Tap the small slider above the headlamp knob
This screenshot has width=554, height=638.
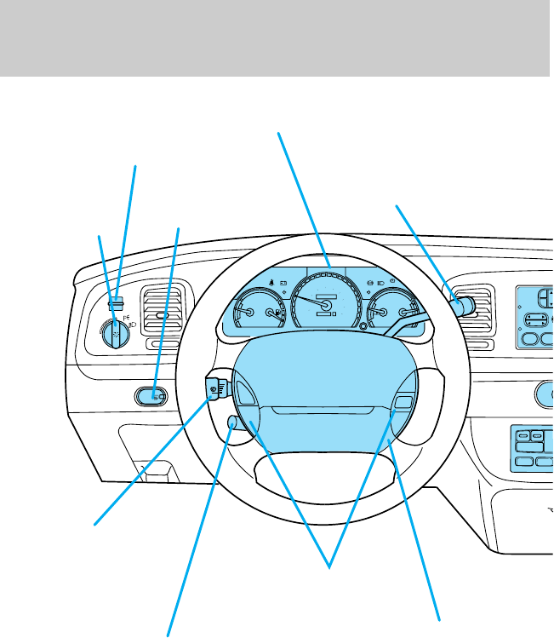117,300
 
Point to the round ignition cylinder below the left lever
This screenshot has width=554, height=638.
233,422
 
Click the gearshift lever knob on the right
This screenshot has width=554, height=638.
463,307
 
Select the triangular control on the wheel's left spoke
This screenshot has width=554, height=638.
243,394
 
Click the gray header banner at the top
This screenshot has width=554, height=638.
277,37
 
